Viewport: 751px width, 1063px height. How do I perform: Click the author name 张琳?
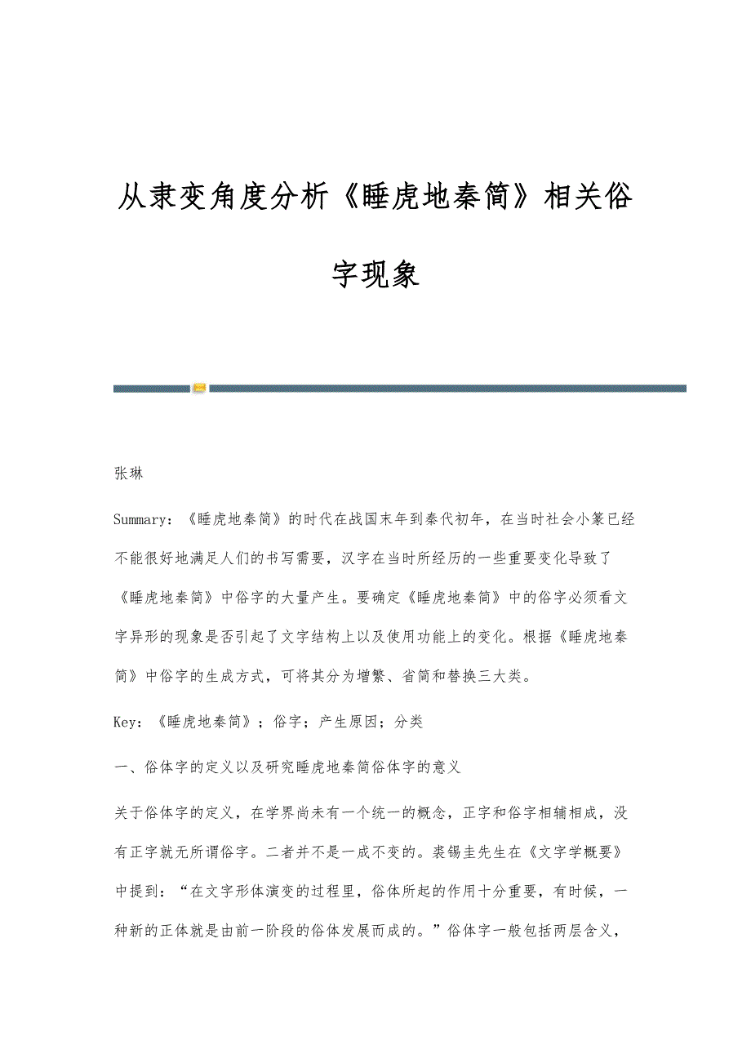128,474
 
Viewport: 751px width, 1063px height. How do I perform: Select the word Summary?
140,518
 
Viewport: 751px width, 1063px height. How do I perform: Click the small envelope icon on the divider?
200,388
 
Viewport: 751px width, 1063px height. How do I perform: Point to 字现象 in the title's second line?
375,274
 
